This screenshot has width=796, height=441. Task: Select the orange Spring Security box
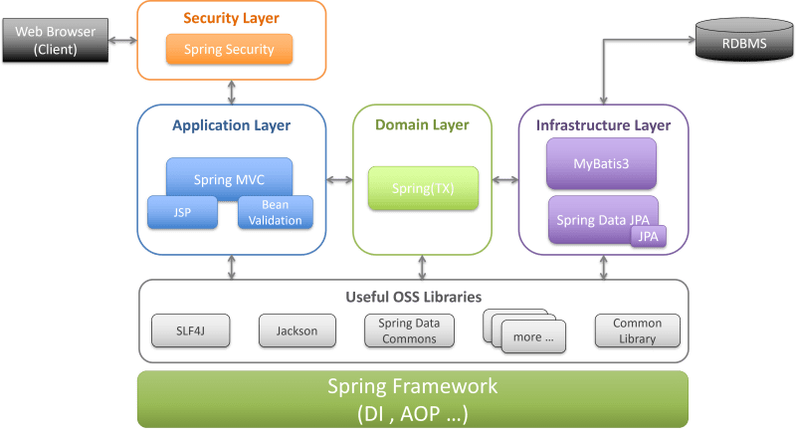click(230, 49)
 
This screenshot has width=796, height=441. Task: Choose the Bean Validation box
click(276, 212)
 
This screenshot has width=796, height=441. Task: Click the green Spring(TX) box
click(423, 188)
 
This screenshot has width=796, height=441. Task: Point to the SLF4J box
click(190, 331)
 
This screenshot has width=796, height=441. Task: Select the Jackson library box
click(297, 331)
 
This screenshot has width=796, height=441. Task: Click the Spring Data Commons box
click(409, 331)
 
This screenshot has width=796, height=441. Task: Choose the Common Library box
click(637, 331)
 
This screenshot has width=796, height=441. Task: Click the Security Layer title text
click(230, 18)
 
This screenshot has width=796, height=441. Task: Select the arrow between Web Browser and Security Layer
click(123, 41)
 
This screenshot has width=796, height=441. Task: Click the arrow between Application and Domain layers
click(340, 180)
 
